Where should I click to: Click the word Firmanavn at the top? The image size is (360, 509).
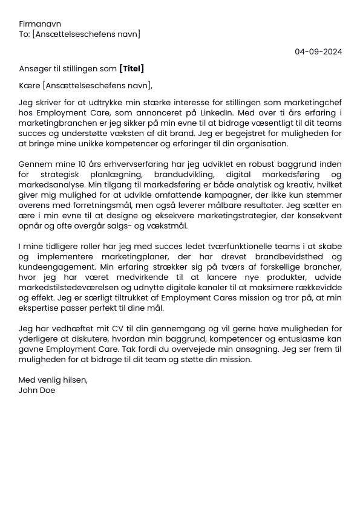click(40, 24)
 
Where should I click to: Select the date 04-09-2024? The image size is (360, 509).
click(318, 51)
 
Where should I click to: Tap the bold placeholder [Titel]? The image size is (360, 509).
click(132, 69)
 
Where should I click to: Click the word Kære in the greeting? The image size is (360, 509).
click(29, 85)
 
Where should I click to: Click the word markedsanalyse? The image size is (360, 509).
click(48, 185)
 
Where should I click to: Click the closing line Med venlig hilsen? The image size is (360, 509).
click(53, 380)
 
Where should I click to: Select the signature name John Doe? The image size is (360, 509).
click(37, 391)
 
